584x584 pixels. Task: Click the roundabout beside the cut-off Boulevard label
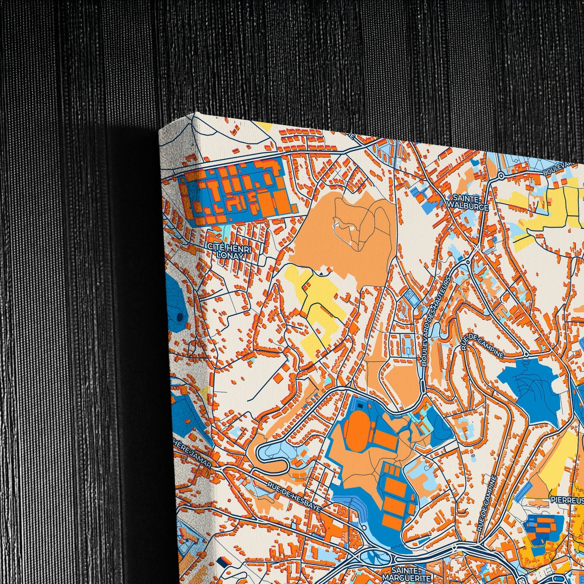click(x=501, y=175)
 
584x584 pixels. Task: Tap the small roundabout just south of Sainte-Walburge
click(x=468, y=262)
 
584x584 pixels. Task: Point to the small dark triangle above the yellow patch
click(x=321, y=274)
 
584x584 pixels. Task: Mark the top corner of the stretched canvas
click(x=194, y=113)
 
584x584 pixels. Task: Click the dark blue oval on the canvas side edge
click(x=177, y=317)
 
